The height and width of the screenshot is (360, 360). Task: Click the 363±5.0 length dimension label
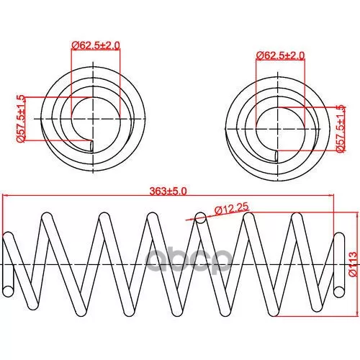point(168,192)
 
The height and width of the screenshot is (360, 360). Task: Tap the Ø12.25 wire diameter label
point(232,210)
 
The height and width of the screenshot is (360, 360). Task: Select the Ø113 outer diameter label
point(354,264)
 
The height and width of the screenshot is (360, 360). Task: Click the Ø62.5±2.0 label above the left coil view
point(96,45)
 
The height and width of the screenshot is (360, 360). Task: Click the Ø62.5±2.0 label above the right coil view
point(280,55)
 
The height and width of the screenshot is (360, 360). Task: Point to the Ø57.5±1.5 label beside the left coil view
point(20,119)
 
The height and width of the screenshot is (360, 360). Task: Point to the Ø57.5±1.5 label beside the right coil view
point(341,129)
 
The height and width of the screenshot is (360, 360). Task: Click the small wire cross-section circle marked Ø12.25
point(201,218)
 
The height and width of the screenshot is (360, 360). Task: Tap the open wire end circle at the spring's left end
point(8,291)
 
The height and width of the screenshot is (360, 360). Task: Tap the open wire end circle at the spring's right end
point(339,292)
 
